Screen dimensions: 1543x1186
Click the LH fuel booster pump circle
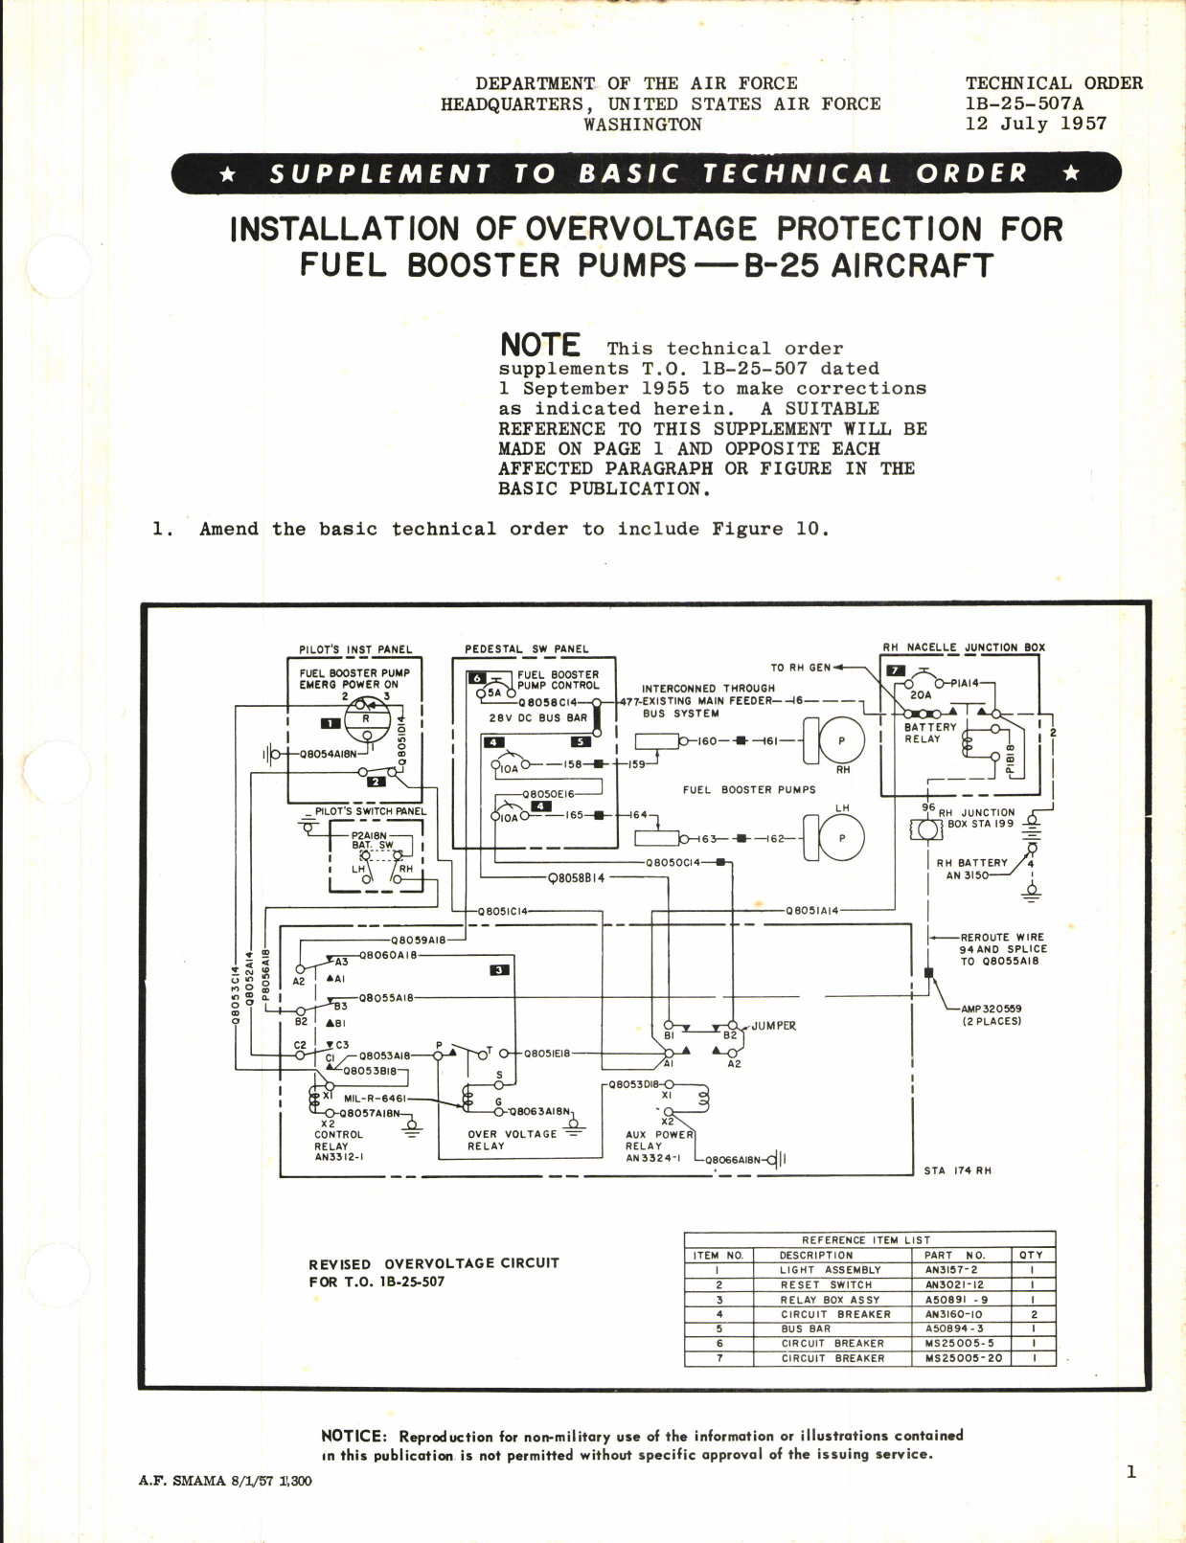click(x=842, y=838)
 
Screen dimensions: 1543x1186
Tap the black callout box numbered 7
click(x=896, y=671)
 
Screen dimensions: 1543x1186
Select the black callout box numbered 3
click(x=499, y=970)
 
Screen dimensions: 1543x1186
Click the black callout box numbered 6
click(x=476, y=678)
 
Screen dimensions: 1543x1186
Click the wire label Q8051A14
click(x=811, y=910)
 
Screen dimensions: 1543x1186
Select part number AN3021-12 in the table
click(x=951, y=1284)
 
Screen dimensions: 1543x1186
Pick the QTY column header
click(x=1031, y=1255)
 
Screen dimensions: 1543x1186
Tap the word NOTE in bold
click(x=540, y=346)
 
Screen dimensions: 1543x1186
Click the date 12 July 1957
click(x=1036, y=124)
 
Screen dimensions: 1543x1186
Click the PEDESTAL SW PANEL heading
click(x=526, y=648)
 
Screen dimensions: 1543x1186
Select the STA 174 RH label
click(x=957, y=1170)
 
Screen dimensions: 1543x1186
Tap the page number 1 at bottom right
click(x=1130, y=1472)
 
